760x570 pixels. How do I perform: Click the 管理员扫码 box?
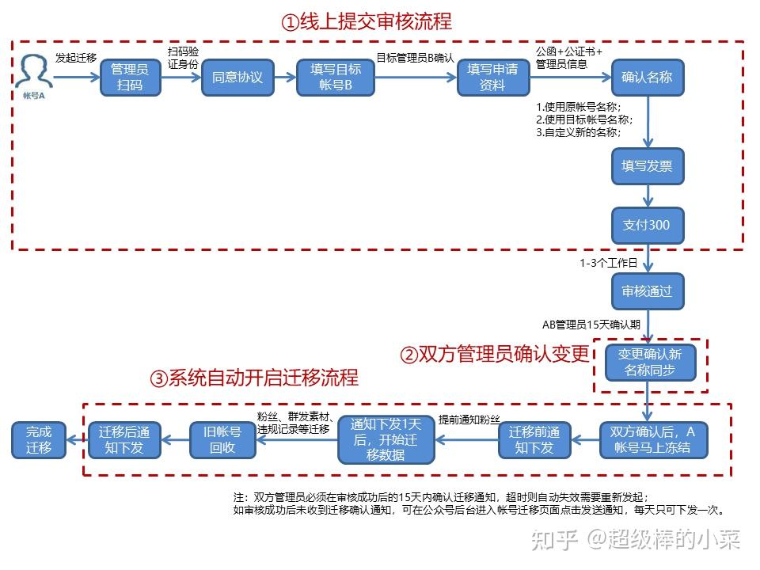click(x=131, y=78)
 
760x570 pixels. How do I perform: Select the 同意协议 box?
click(x=237, y=78)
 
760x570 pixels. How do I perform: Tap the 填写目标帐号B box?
click(x=336, y=78)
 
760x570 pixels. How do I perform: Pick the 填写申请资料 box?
click(x=493, y=78)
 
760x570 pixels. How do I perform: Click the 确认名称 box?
click(x=648, y=78)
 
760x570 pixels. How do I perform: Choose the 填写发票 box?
click(x=648, y=166)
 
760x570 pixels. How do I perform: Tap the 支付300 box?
click(x=648, y=226)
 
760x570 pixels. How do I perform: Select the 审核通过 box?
click(x=648, y=291)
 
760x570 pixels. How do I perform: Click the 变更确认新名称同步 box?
click(x=650, y=363)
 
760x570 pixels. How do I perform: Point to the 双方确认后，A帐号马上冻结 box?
click(x=653, y=440)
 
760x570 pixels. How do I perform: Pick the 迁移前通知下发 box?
click(x=534, y=440)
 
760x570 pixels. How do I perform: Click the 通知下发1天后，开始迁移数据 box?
click(x=386, y=439)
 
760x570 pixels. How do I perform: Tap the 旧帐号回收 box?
click(x=222, y=440)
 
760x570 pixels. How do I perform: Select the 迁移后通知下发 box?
click(x=124, y=440)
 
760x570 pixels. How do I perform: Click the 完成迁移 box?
click(x=39, y=440)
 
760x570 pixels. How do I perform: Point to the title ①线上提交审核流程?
click(x=367, y=22)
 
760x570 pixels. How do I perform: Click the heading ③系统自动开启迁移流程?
click(x=254, y=378)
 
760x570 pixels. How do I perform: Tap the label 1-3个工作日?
click(x=608, y=263)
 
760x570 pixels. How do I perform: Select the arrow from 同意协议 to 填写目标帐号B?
click(x=286, y=78)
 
